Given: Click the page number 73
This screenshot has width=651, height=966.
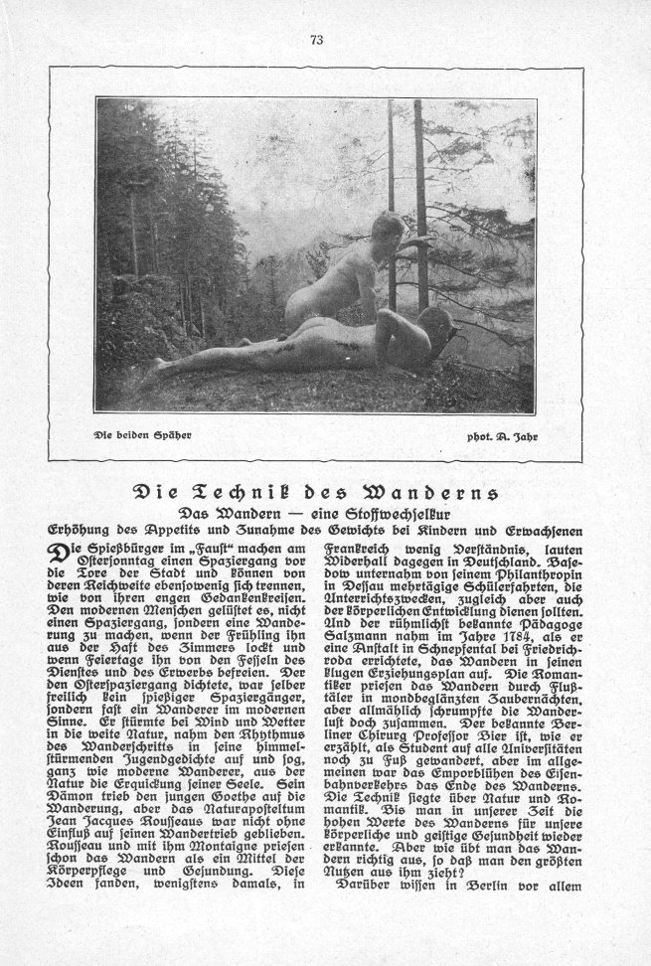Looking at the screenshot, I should tap(318, 40).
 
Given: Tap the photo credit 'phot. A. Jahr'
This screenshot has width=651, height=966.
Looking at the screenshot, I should tap(502, 435).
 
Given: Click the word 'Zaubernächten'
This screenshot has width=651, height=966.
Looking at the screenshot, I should tap(531, 708).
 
